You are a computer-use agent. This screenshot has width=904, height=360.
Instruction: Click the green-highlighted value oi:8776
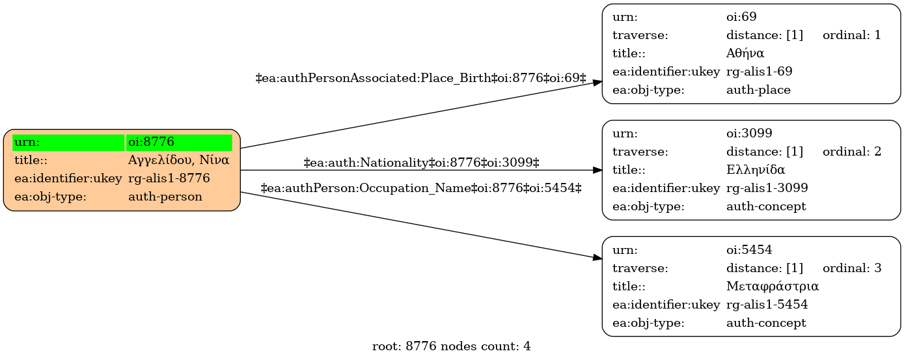(x=151, y=142)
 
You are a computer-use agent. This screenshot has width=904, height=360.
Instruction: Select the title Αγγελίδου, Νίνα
(x=178, y=160)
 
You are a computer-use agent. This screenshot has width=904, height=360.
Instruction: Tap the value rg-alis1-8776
(x=169, y=178)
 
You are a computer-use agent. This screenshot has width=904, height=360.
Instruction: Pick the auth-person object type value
(x=165, y=197)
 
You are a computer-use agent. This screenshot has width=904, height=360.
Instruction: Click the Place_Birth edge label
(x=420, y=78)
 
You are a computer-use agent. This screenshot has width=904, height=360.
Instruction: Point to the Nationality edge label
(x=421, y=163)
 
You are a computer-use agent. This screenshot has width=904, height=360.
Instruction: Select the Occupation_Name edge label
(x=421, y=188)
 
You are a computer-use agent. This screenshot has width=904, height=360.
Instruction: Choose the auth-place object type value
(x=758, y=90)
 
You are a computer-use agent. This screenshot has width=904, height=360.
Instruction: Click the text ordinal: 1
(x=851, y=35)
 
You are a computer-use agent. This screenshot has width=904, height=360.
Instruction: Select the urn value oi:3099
(x=749, y=133)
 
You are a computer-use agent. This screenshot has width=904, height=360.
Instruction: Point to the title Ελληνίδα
(x=756, y=169)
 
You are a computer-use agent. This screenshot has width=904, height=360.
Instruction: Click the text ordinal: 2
(x=852, y=152)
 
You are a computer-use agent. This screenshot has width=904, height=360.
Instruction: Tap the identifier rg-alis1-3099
(x=767, y=187)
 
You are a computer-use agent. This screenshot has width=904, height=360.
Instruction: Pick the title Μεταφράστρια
(x=773, y=286)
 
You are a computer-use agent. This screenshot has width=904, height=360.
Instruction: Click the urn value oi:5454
(x=749, y=250)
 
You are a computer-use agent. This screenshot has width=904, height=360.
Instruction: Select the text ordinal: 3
(x=852, y=268)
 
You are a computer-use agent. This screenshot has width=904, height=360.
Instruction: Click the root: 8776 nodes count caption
(x=451, y=346)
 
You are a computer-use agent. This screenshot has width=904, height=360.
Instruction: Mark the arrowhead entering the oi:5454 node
(x=597, y=257)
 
